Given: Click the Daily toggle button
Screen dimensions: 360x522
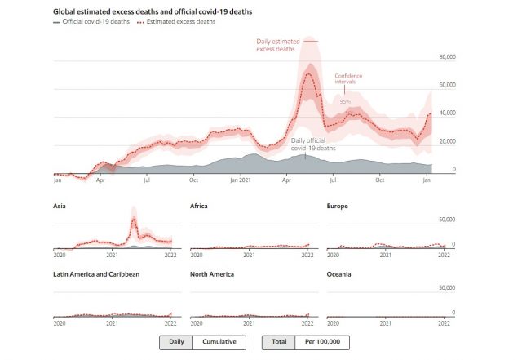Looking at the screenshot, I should click(175, 342).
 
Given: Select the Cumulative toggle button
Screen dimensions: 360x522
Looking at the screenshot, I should click(219, 342).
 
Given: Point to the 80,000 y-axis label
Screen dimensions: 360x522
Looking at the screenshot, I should click(446, 57).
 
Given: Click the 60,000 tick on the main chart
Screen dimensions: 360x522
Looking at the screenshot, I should click(446, 85).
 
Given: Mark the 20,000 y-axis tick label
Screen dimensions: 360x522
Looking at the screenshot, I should click(446, 141).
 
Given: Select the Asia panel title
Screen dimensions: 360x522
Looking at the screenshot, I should click(60, 206).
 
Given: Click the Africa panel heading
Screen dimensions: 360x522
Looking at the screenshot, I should click(198, 206).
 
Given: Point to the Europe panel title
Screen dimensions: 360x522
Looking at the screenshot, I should click(337, 206).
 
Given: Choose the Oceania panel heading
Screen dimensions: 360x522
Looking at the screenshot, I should click(338, 274).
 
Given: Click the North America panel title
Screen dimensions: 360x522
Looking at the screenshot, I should click(211, 274).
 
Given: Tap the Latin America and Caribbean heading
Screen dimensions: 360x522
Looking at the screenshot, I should click(96, 274).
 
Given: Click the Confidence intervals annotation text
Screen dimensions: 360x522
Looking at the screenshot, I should click(348, 78).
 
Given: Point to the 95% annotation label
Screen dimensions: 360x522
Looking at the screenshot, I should click(345, 101).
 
